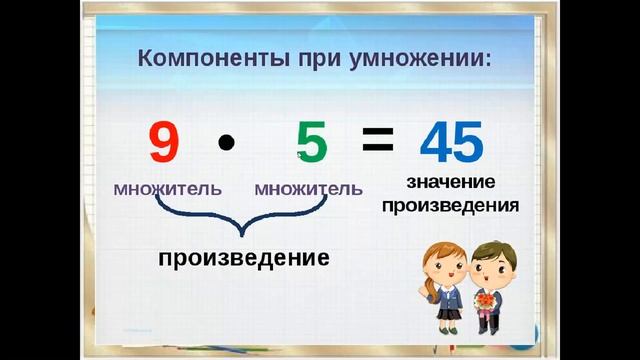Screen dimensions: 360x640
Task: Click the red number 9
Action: tap(164, 143)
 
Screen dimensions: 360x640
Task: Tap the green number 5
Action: tap(312, 143)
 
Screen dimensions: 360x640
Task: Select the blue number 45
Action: tap(452, 143)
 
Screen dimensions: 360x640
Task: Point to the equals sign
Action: tap(377, 141)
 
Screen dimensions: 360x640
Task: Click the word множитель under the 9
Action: tap(167, 188)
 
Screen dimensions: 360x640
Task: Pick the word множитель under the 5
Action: tap(308, 188)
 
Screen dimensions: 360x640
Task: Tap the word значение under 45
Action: tap(452, 183)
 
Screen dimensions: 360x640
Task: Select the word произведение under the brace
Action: tap(244, 258)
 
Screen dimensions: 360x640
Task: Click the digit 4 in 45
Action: tap(436, 143)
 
